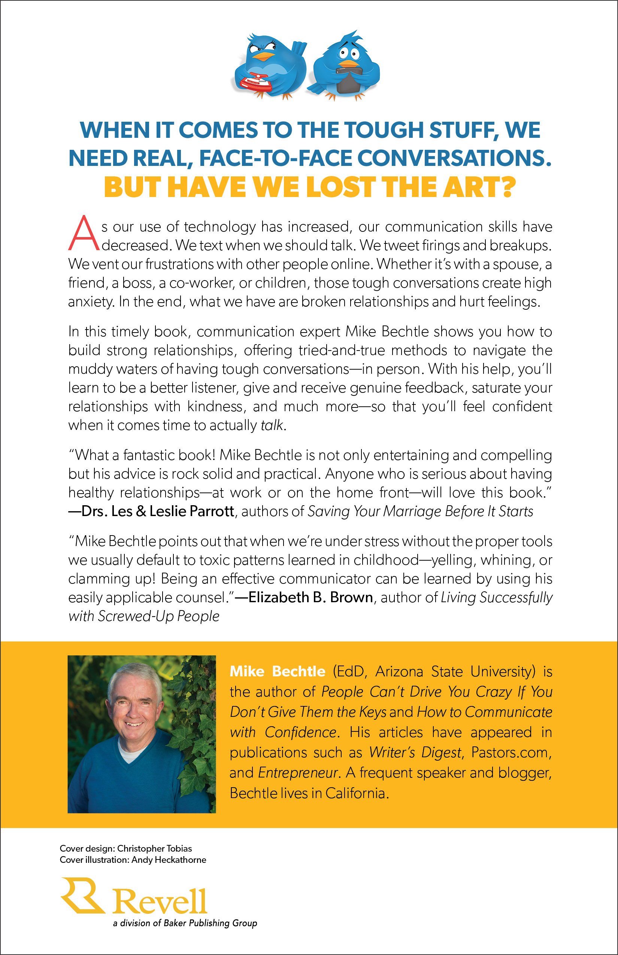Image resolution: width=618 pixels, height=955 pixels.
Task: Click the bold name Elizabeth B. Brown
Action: click(310, 597)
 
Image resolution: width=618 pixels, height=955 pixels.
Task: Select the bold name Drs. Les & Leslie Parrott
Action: click(157, 512)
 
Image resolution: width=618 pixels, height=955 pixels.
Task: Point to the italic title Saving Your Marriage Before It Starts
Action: click(420, 512)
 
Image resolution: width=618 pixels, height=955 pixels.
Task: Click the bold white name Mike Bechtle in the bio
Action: click(277, 671)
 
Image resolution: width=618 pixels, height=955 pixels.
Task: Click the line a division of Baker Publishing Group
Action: click(185, 923)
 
